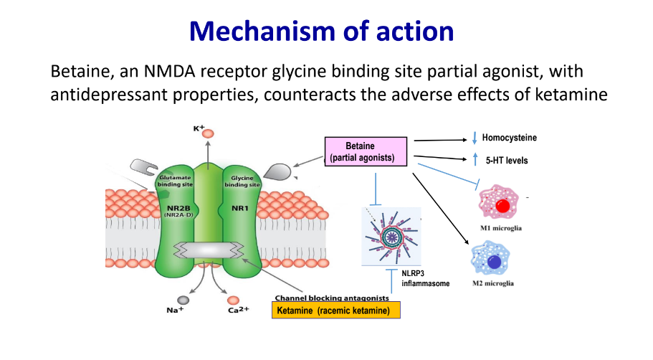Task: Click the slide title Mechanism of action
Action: (326, 31)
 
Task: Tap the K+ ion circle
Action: (208, 133)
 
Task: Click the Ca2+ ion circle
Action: (232, 300)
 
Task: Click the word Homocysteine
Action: (509, 138)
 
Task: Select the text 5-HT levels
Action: (505, 161)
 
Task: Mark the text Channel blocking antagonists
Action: (333, 297)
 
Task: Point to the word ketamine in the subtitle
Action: (566, 95)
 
